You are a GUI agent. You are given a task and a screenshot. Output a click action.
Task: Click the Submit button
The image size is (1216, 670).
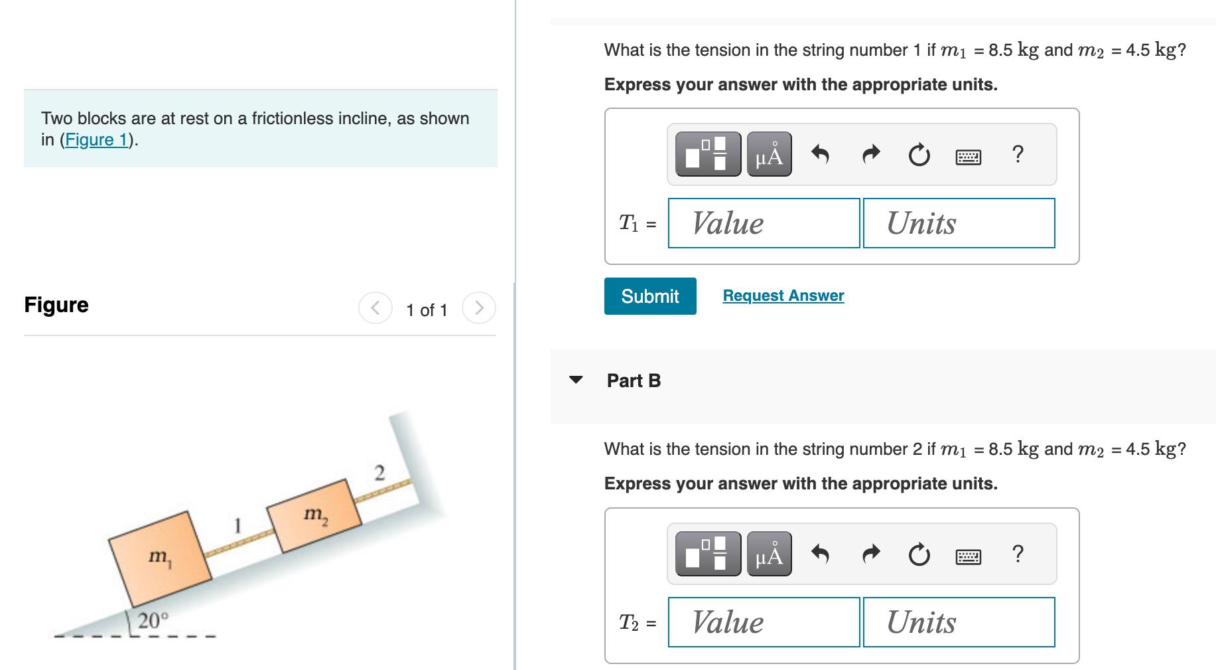click(x=649, y=296)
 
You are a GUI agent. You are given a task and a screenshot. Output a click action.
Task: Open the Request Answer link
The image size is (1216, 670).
click(x=783, y=295)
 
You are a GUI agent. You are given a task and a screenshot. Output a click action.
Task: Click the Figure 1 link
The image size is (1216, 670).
click(x=97, y=139)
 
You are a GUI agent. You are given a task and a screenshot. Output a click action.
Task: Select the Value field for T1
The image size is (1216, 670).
click(x=764, y=223)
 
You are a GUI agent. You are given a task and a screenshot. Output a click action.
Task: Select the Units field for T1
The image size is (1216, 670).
click(x=959, y=223)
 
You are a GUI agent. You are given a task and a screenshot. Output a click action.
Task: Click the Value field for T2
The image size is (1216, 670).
click(x=764, y=622)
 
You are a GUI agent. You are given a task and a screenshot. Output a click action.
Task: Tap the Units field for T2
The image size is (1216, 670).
click(x=959, y=622)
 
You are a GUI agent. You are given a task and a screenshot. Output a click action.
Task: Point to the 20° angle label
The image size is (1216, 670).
click(x=153, y=621)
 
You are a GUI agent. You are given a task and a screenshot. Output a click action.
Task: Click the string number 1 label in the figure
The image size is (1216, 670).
click(x=237, y=526)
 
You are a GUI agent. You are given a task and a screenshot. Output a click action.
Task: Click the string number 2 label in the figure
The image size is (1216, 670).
click(x=379, y=473)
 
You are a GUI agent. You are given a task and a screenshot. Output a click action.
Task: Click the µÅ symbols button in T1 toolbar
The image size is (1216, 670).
click(x=769, y=155)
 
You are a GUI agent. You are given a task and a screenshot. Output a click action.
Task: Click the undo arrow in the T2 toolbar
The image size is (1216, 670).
click(x=821, y=553)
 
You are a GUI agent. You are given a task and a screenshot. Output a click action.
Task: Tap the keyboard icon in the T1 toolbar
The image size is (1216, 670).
click(x=969, y=157)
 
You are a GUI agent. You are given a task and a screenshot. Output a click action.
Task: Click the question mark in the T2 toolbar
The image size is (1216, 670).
click(x=1018, y=553)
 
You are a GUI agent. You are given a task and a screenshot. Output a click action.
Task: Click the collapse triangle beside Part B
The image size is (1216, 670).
click(x=576, y=380)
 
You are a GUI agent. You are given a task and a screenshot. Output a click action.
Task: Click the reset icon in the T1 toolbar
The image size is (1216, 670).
click(x=919, y=155)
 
